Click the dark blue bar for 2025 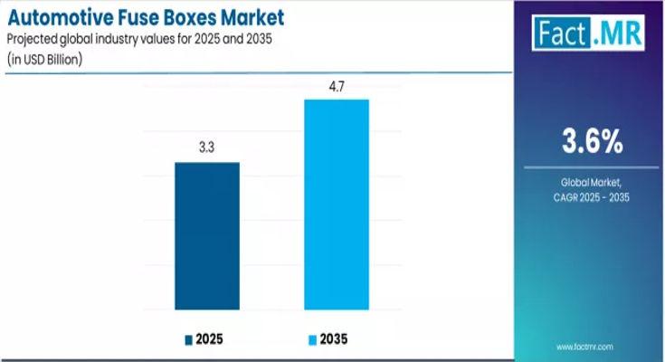[207, 236]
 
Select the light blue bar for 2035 [336, 205]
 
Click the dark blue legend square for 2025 [189, 340]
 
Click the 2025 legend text [210, 340]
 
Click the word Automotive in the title [58, 16]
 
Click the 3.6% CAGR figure [594, 141]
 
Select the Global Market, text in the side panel [594, 183]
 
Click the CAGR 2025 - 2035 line [594, 197]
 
